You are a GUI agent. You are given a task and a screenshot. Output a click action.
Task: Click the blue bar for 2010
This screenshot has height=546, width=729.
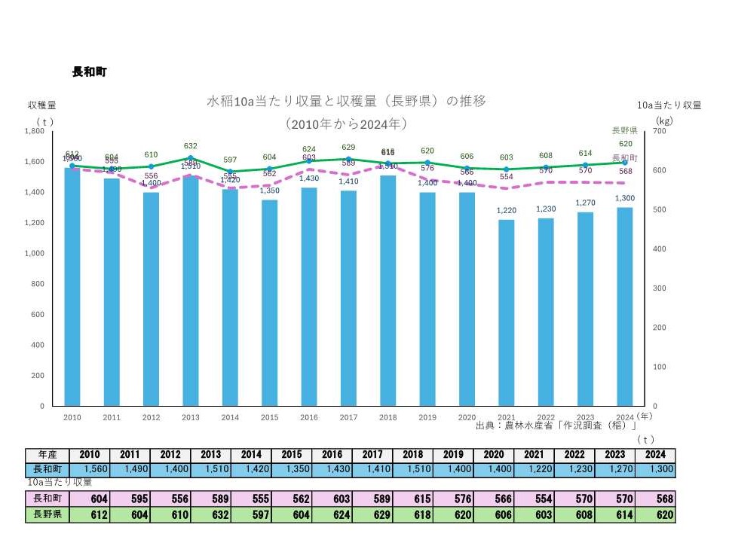[x=72, y=286]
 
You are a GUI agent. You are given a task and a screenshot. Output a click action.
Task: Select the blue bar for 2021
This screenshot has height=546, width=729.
[x=506, y=313]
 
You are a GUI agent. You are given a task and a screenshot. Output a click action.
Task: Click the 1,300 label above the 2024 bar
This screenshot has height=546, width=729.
[x=623, y=198]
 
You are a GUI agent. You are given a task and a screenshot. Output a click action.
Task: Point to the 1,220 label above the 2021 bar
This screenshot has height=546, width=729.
[x=506, y=211]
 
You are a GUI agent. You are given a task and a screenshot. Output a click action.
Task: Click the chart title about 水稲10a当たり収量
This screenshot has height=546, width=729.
[x=346, y=102]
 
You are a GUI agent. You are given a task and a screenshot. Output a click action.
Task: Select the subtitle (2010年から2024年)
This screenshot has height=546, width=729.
[x=346, y=123]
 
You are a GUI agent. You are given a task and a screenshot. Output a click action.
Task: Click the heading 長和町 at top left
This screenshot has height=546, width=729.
[x=89, y=72]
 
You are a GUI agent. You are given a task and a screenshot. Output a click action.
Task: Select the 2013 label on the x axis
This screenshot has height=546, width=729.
[x=190, y=416]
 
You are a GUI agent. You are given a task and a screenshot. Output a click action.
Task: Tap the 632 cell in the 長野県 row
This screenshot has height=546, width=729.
[x=211, y=515]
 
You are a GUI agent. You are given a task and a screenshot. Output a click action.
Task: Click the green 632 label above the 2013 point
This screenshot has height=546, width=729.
[x=191, y=146]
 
